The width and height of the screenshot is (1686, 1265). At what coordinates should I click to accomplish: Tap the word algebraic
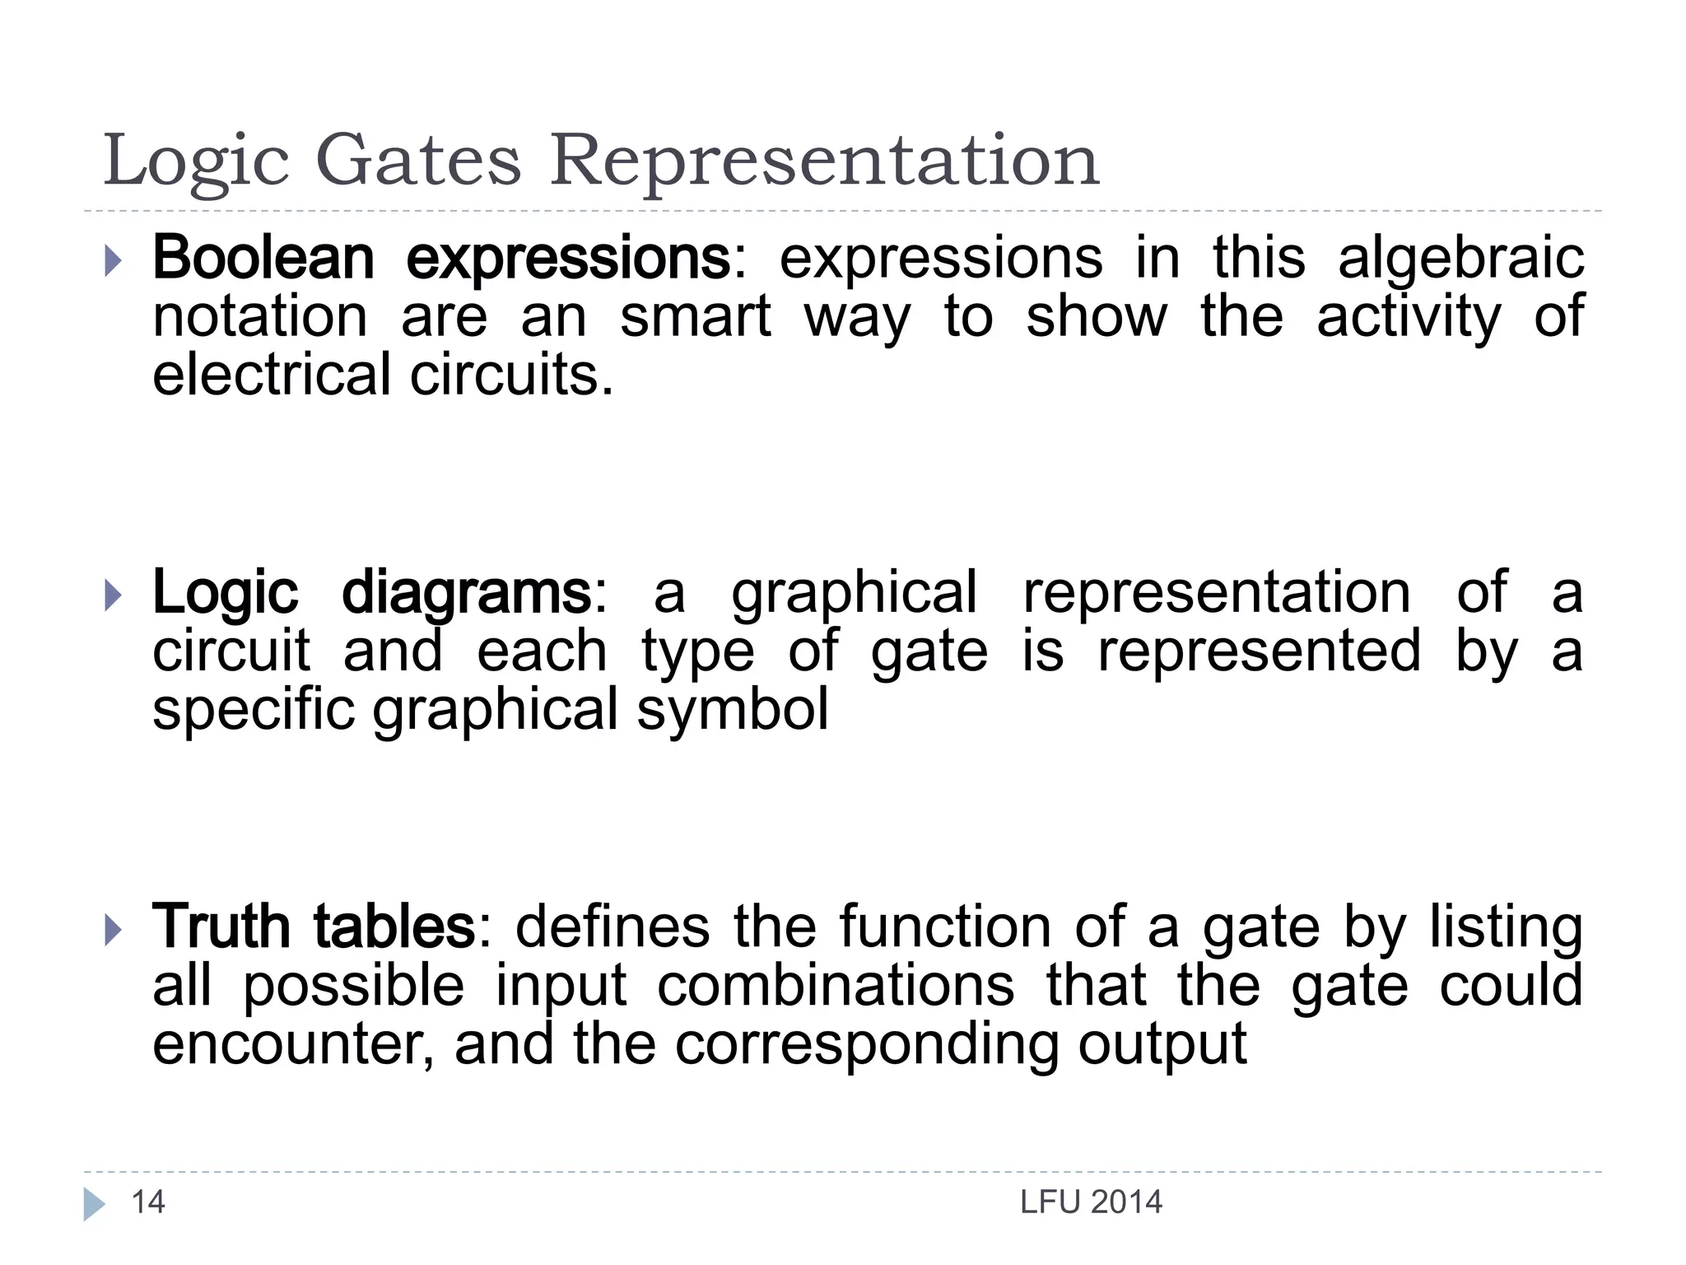[1460, 259]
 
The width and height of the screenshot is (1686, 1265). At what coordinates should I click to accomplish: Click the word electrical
[272, 375]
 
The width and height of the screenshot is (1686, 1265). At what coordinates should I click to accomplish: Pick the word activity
[1409, 318]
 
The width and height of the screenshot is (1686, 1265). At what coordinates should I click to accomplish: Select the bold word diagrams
[466, 594]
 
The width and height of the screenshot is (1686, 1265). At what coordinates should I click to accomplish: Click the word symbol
[733, 711]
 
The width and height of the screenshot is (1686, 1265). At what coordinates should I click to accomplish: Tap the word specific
[254, 711]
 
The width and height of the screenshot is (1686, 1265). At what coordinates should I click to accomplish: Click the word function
[945, 927]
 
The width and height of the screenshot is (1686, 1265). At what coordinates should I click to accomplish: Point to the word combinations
[836, 986]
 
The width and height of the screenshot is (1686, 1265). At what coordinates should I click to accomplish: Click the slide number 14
[148, 1202]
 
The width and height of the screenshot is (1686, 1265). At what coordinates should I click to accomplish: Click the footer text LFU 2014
[1091, 1203]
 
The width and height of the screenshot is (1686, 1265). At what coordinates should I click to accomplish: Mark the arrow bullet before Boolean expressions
[114, 262]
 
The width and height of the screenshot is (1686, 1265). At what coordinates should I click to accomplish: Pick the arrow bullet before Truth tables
[114, 931]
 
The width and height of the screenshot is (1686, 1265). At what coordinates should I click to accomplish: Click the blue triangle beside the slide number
[94, 1204]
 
